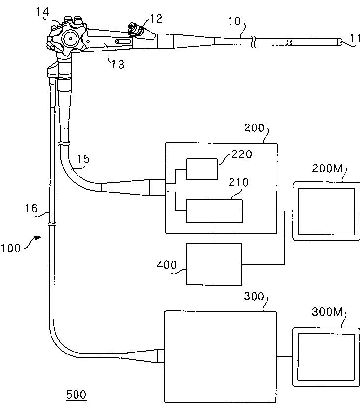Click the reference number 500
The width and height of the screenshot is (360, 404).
[x=76, y=394]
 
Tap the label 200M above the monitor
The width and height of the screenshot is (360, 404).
[x=328, y=169]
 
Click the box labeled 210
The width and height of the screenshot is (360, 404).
[x=214, y=211]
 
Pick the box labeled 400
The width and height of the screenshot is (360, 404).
[x=214, y=264]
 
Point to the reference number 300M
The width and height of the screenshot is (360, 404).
[x=328, y=312]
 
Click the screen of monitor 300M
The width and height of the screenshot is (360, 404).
[x=324, y=354]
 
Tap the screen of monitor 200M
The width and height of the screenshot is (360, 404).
[x=324, y=211]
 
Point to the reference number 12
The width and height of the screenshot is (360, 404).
[x=155, y=19]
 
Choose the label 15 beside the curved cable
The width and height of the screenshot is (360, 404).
[x=83, y=159]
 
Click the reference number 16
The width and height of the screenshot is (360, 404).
[x=30, y=209]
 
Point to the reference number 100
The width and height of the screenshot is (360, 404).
[x=10, y=248]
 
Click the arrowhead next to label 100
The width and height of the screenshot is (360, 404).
[x=37, y=239]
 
